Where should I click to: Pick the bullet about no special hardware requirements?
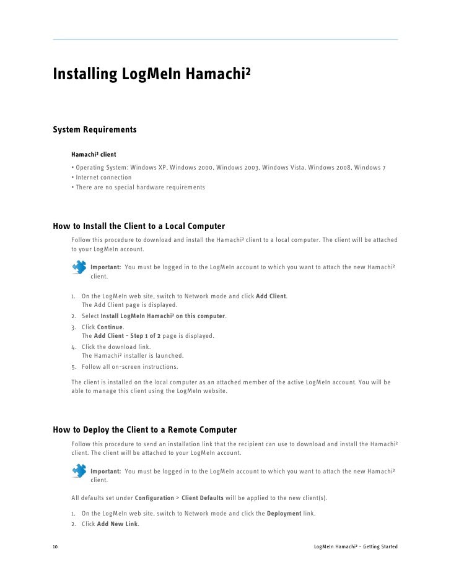click(x=139, y=187)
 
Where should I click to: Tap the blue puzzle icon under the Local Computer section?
click(x=79, y=267)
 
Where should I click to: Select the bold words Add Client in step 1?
click(x=271, y=296)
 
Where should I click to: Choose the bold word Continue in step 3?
click(x=110, y=327)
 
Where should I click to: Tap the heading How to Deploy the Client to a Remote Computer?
click(x=145, y=430)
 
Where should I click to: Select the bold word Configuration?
click(x=154, y=498)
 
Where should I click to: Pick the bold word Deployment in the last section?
click(x=284, y=514)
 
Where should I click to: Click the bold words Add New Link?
click(x=118, y=524)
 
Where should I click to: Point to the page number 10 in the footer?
click(x=56, y=548)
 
